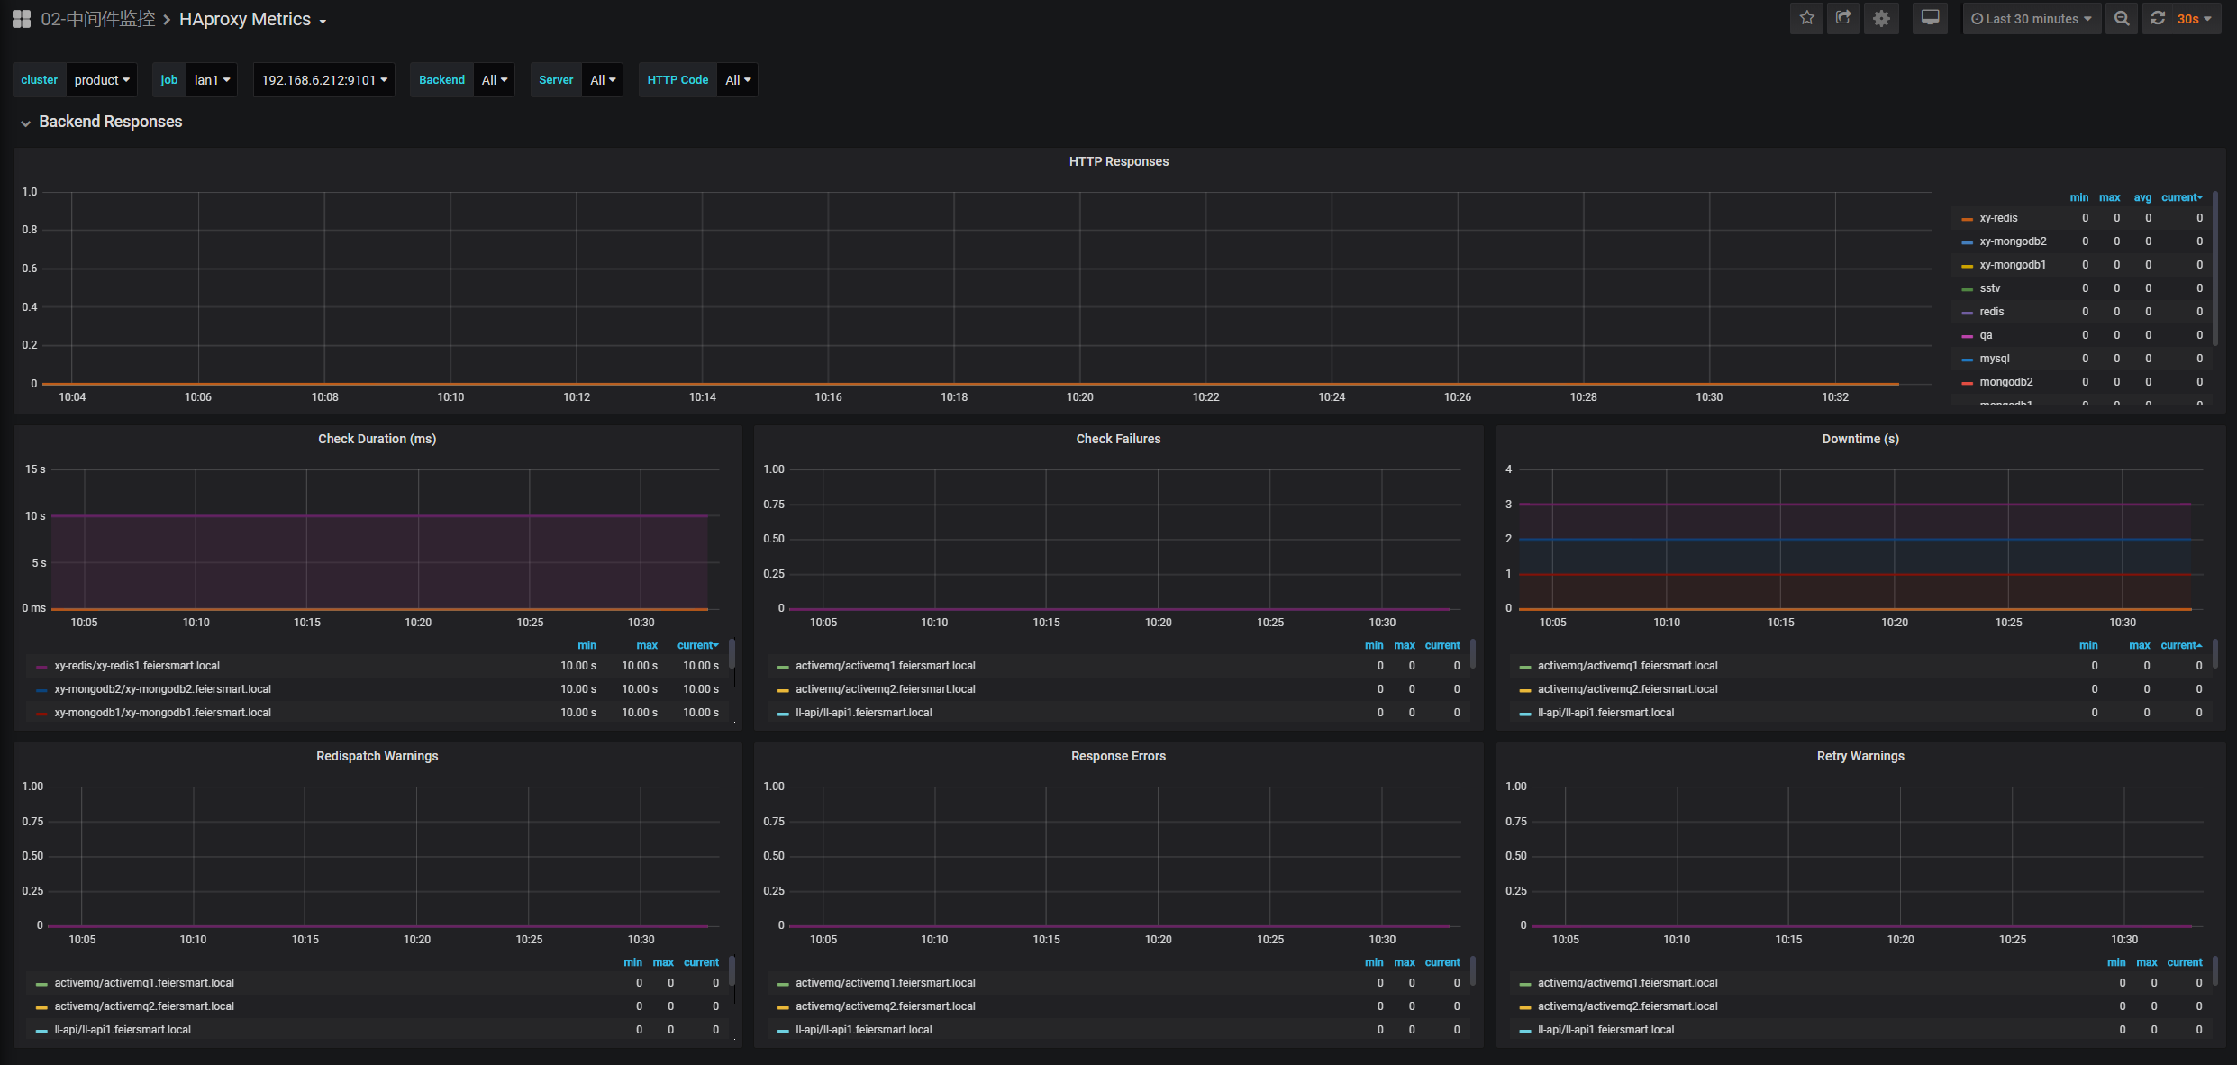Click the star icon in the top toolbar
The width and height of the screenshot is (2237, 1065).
click(1806, 18)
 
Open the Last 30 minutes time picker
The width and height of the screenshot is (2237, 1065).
click(2031, 19)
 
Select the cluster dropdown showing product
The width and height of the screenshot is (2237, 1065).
click(101, 80)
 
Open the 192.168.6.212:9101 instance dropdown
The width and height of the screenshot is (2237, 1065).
click(323, 80)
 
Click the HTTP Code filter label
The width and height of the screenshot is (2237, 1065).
click(677, 80)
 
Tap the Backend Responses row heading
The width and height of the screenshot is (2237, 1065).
click(110, 122)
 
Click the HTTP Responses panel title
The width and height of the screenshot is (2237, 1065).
click(1118, 161)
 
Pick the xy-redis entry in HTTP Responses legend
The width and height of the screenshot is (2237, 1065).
click(1998, 218)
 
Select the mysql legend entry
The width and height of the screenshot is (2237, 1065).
click(1994, 359)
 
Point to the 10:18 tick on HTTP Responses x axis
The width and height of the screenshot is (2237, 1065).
click(954, 397)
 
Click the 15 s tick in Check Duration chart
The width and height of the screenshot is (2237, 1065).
click(35, 469)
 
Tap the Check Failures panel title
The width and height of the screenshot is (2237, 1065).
click(1118, 439)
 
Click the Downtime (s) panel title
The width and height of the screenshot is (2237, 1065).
click(1860, 439)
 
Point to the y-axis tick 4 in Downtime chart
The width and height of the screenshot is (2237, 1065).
click(1509, 469)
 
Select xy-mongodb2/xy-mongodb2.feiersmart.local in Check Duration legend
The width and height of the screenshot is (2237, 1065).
click(162, 689)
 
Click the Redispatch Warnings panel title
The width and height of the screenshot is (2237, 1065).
click(377, 756)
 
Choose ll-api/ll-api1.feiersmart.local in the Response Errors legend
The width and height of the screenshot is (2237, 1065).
click(863, 1030)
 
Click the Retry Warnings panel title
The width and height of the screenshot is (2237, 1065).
click(1860, 756)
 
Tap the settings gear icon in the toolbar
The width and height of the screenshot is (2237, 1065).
click(1881, 18)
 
